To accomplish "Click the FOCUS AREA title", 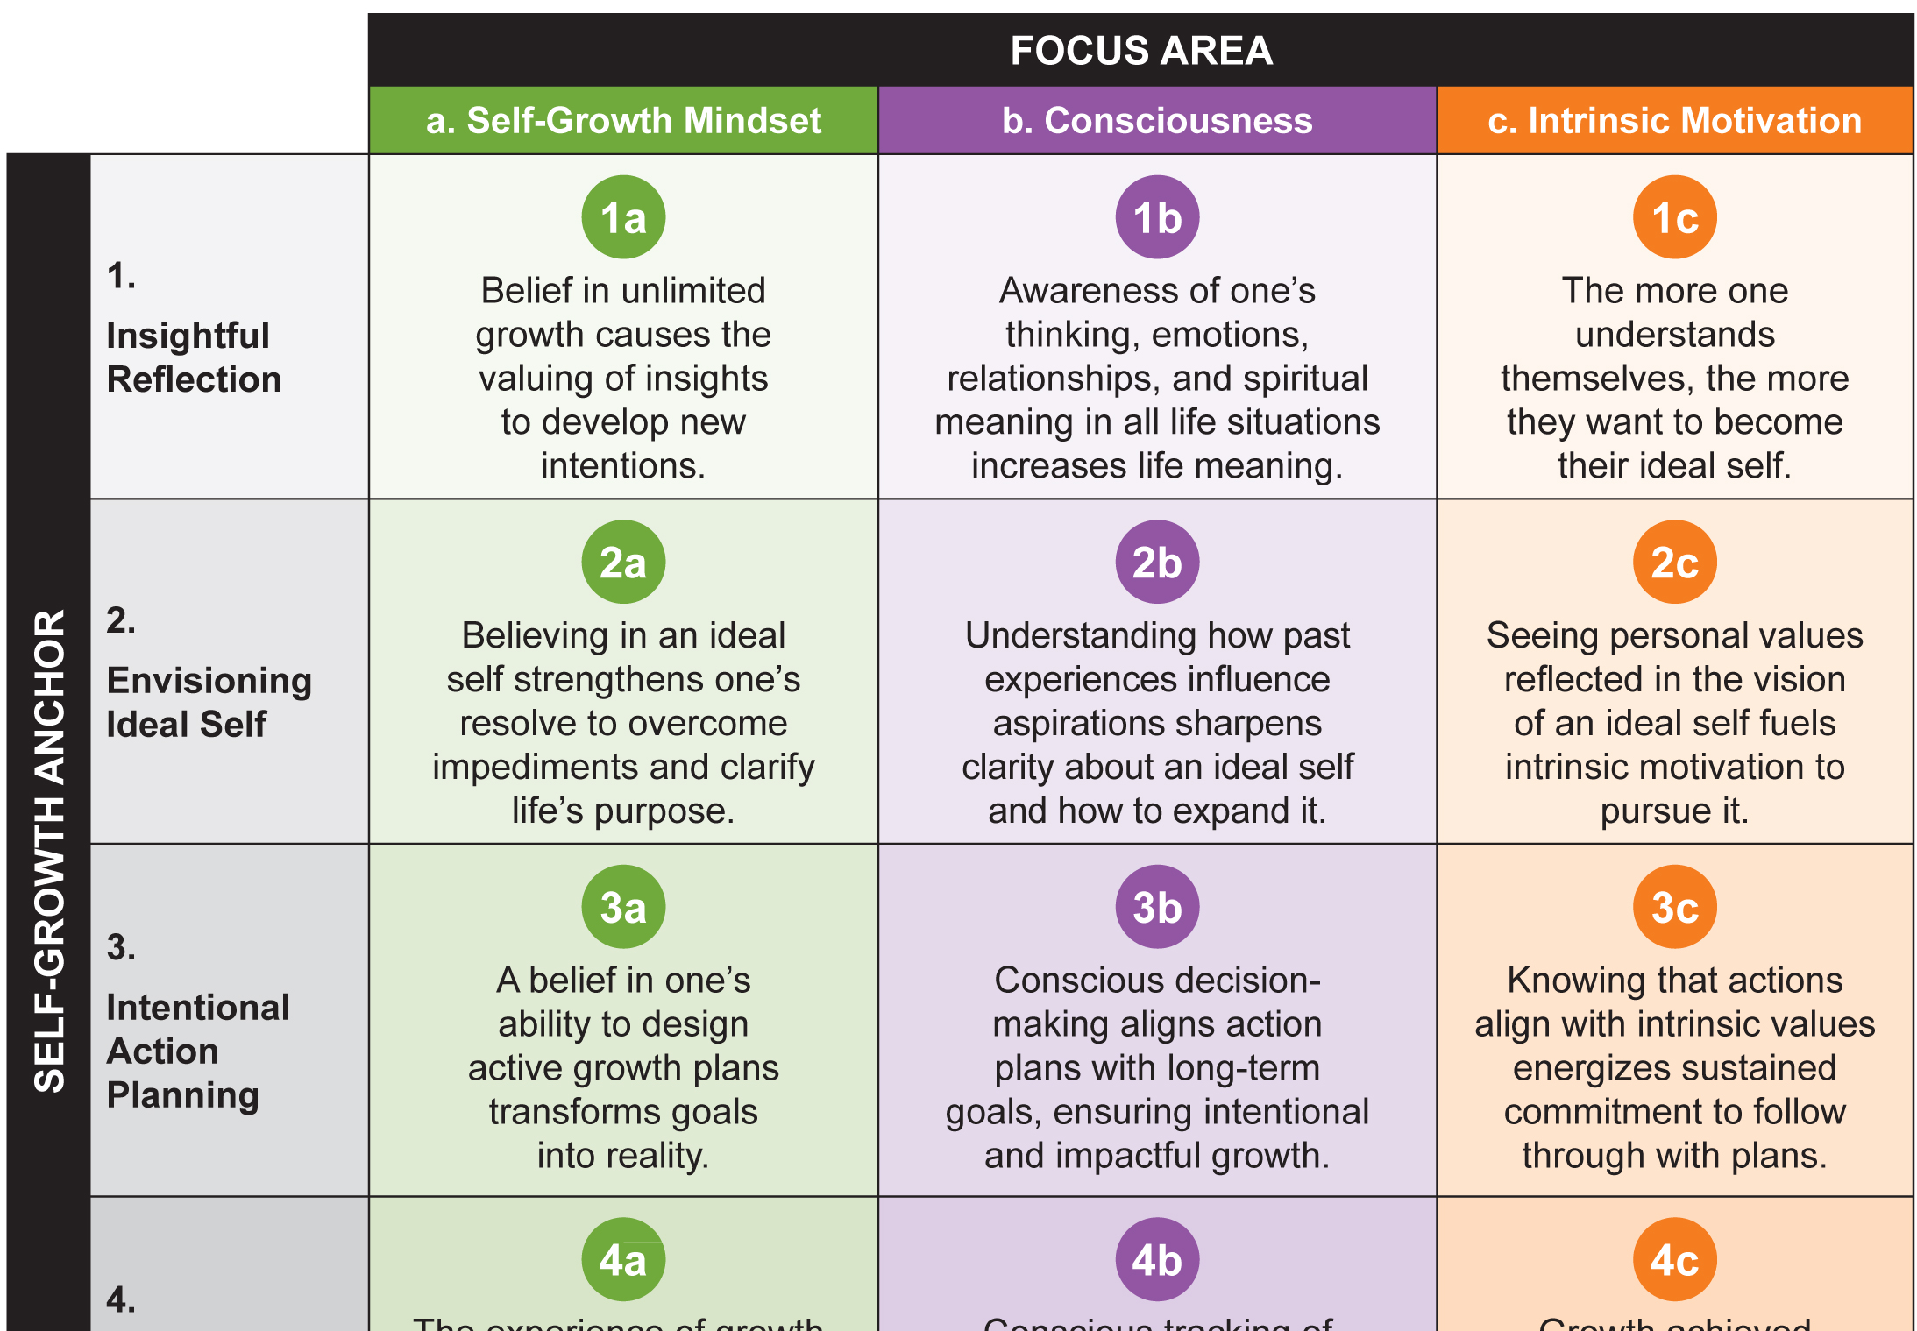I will click(x=1140, y=51).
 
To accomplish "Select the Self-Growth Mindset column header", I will click(x=623, y=121).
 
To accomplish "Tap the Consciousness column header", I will click(x=1157, y=121).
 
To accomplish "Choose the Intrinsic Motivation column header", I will click(x=1674, y=121).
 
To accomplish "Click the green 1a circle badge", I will click(x=623, y=217).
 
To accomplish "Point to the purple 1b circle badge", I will click(x=1157, y=217).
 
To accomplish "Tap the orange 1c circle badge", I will click(x=1674, y=217).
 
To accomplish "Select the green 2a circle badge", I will click(x=623, y=562).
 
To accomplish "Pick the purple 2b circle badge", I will click(x=1157, y=562).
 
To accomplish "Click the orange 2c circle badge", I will click(x=1674, y=562).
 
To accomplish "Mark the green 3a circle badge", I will click(x=623, y=907).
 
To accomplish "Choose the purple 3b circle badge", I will click(x=1157, y=907).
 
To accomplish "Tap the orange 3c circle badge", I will click(x=1674, y=907).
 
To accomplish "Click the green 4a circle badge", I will click(x=623, y=1259).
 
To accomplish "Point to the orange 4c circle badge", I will click(x=1674, y=1259).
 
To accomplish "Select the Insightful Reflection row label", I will click(x=193, y=358).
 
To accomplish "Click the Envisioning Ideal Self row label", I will click(x=208, y=702).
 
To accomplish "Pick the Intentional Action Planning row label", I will click(x=197, y=1051).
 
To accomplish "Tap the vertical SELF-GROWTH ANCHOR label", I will click(x=49, y=850).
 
